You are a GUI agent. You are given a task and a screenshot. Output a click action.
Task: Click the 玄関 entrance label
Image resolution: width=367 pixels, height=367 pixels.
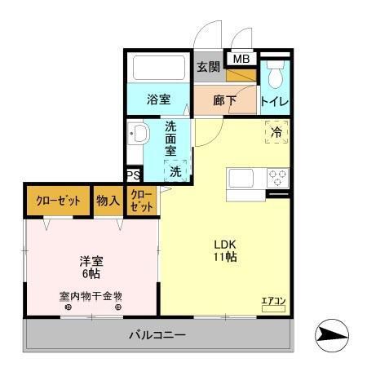(209, 67)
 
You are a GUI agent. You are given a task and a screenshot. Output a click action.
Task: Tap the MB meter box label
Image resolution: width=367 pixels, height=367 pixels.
(241, 59)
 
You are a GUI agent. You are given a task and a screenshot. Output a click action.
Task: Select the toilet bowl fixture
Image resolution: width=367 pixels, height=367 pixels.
(276, 77)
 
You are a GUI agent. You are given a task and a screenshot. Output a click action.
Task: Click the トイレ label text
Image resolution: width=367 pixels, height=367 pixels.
(275, 103)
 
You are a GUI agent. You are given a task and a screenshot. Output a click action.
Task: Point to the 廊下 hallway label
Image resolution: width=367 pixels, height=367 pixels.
(224, 102)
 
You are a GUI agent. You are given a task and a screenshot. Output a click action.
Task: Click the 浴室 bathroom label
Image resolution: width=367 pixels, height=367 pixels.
(158, 100)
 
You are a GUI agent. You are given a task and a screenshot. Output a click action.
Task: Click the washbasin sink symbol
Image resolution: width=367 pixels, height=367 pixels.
(138, 134)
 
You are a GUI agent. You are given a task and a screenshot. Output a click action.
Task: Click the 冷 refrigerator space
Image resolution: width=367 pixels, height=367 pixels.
(276, 132)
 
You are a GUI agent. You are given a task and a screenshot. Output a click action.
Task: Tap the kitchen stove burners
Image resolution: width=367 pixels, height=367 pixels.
(276, 177)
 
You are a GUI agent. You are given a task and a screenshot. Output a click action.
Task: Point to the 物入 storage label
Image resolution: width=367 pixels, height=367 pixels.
(108, 200)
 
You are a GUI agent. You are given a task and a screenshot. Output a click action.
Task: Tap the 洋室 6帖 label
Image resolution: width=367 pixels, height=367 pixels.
(91, 269)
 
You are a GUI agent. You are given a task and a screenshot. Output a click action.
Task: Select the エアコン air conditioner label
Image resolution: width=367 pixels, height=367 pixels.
(273, 302)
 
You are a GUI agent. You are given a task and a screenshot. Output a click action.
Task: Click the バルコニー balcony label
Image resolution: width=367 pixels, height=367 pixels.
(157, 335)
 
